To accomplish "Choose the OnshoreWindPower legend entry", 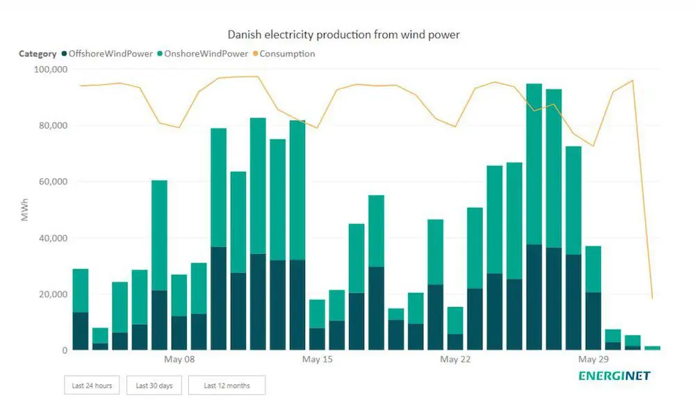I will tap(202, 54).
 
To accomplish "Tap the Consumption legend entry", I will tap(286, 54).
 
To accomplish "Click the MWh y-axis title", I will tap(24, 209).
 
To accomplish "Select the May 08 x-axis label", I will tap(179, 360).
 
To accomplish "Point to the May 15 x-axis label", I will tap(317, 360).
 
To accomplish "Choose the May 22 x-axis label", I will tap(455, 360).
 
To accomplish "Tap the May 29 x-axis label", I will tap(594, 360).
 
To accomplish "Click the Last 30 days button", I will tap(154, 385).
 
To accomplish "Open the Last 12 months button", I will tap(227, 385).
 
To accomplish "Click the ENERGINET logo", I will tap(614, 376).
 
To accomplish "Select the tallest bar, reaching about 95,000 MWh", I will tap(534, 216).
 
